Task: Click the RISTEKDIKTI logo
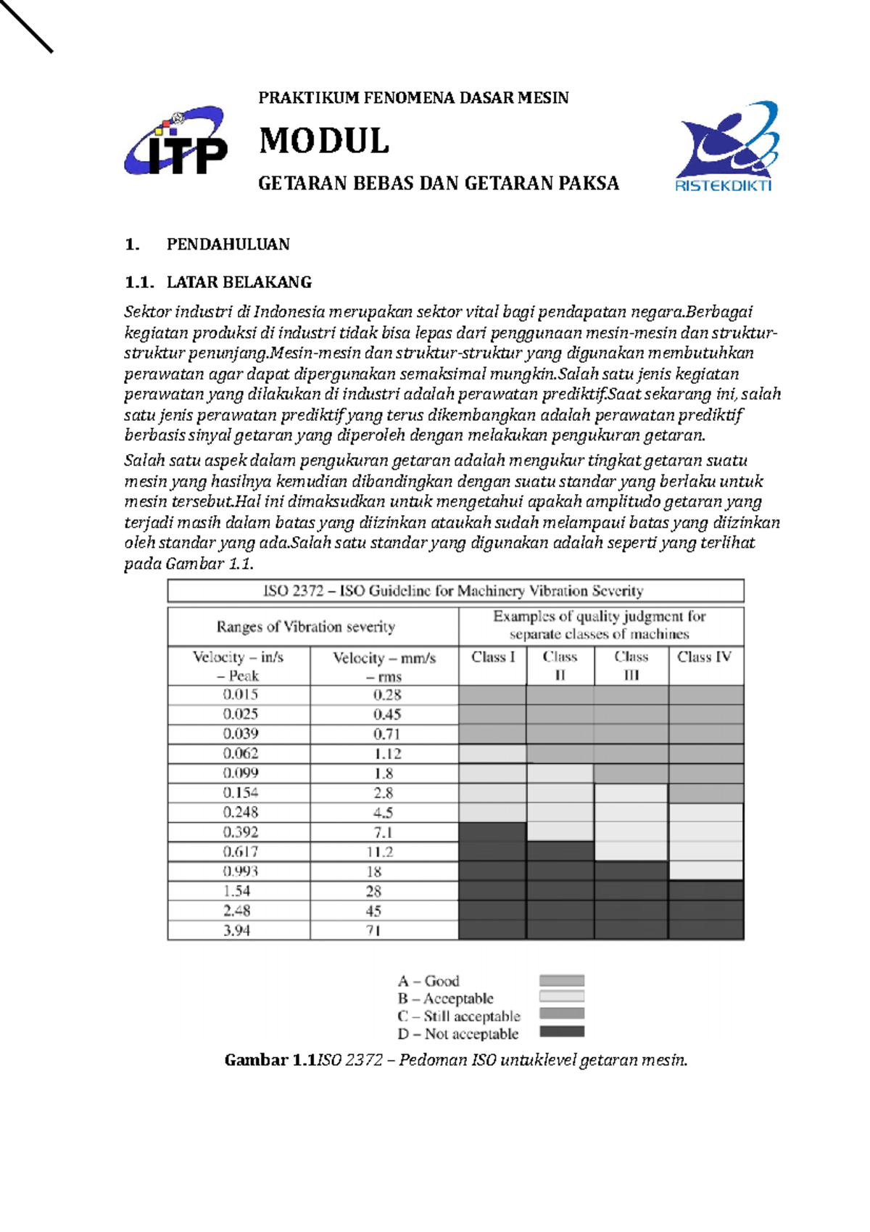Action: (725, 147)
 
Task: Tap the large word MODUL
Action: (324, 141)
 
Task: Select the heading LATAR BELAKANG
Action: (239, 282)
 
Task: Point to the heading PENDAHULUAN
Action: (228, 245)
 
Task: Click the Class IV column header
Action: (704, 657)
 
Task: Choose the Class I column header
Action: (493, 657)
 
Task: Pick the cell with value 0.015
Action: (240, 695)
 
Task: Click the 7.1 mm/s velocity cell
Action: (384, 832)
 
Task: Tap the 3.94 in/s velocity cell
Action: (237, 930)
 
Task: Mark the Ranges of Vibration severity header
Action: (305, 627)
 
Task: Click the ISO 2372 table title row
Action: (455, 591)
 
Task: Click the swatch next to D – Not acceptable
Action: (562, 1031)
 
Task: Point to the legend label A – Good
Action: (428, 981)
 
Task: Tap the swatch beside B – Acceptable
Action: (562, 997)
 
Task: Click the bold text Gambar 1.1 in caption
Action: (270, 1060)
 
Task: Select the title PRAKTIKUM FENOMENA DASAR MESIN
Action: (413, 98)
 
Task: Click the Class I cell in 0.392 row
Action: (492, 832)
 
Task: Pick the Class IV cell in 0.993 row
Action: (705, 871)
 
